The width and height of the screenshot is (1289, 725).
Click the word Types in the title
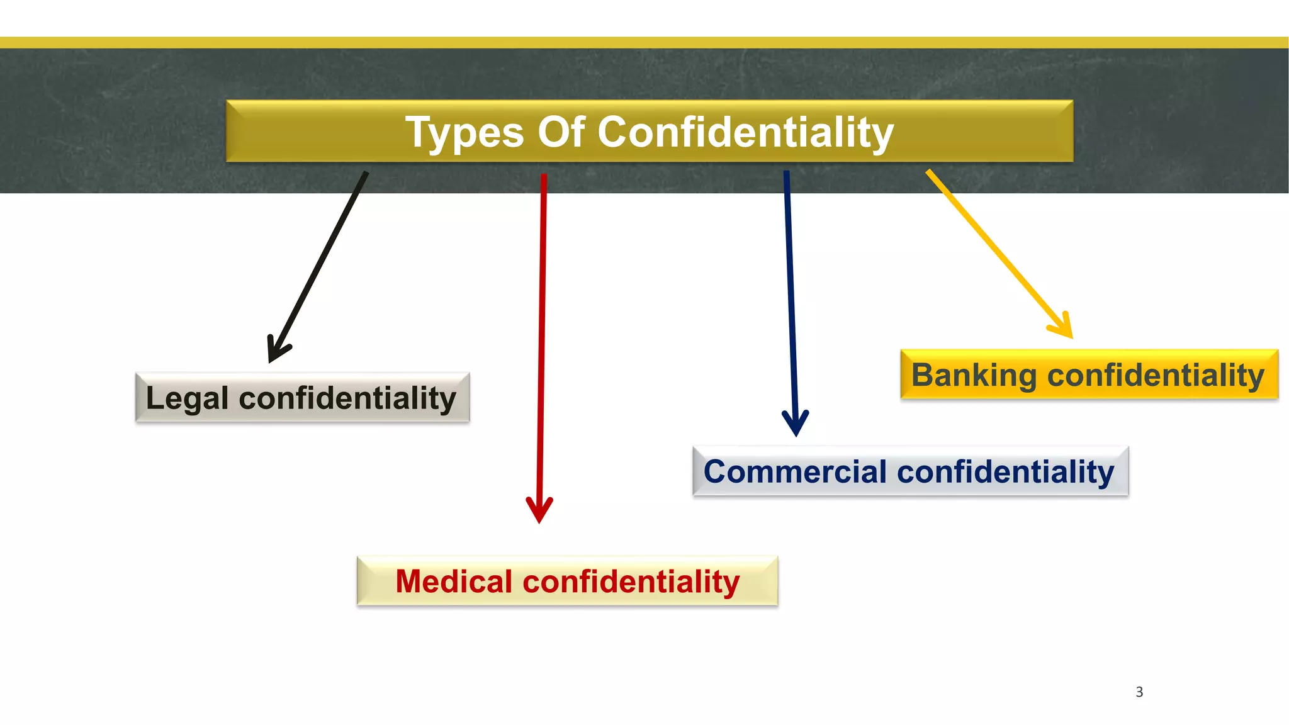pyautogui.click(x=464, y=132)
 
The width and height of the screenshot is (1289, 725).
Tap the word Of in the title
pyautogui.click(x=561, y=132)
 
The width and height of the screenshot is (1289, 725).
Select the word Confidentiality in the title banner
pyautogui.click(x=745, y=132)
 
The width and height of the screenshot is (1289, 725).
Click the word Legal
pyautogui.click(x=187, y=398)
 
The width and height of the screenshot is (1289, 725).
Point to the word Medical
pyautogui.click(x=454, y=582)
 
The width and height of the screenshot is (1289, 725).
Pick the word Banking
pyautogui.click(x=974, y=376)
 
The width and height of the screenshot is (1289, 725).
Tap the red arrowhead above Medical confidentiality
pyautogui.click(x=539, y=509)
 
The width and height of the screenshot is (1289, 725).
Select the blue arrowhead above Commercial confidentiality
pyautogui.click(x=796, y=422)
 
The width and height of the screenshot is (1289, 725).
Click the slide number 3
pyautogui.click(x=1139, y=692)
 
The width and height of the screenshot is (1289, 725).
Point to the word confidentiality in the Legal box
pyautogui.click(x=347, y=398)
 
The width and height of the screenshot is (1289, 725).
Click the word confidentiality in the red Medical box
pyautogui.click(x=631, y=582)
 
